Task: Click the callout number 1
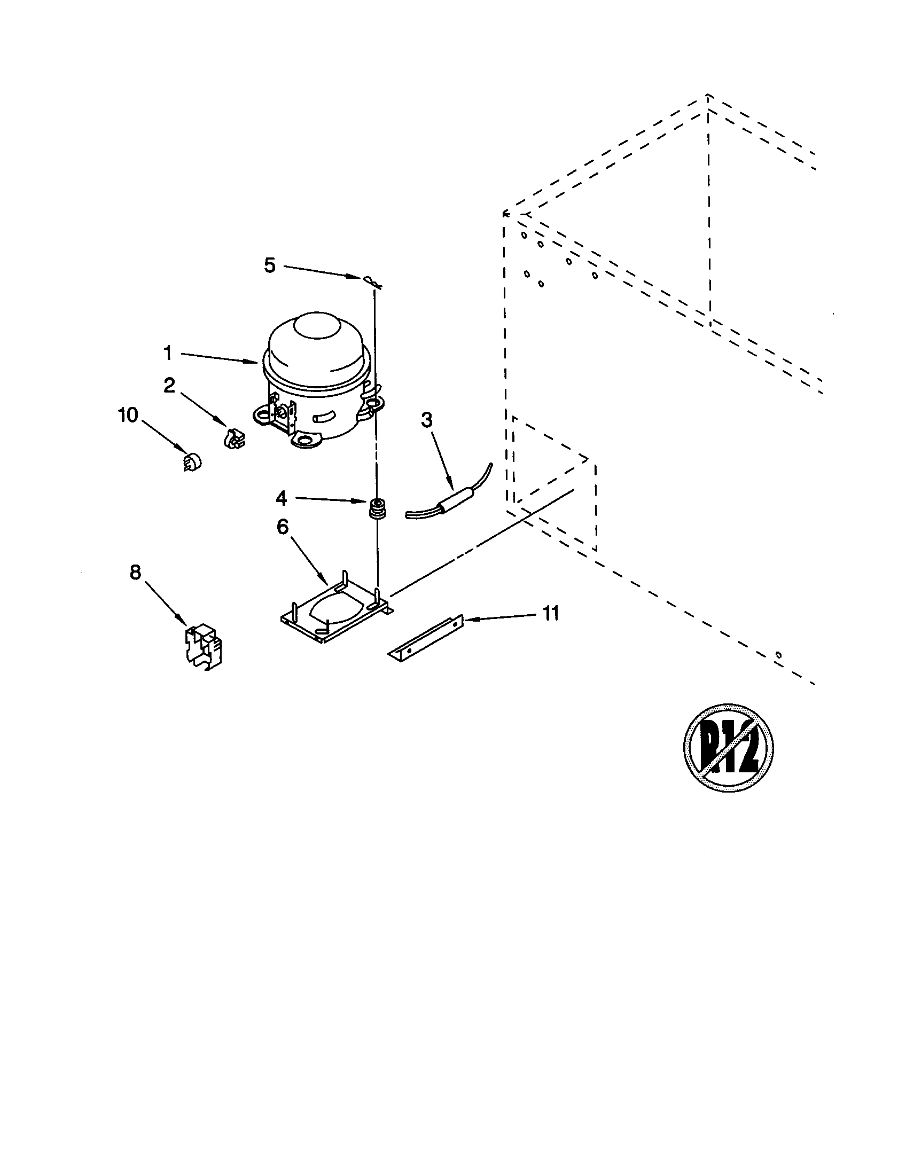click(x=167, y=354)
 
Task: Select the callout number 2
click(x=169, y=385)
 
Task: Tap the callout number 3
click(x=426, y=421)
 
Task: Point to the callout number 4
click(x=282, y=499)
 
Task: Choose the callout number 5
click(x=270, y=265)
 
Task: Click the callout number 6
click(x=283, y=528)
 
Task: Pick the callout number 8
click(x=135, y=574)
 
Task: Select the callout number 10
click(x=129, y=416)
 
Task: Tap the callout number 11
click(x=550, y=613)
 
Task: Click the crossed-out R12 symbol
click(x=729, y=747)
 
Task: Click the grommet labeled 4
click(x=378, y=508)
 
